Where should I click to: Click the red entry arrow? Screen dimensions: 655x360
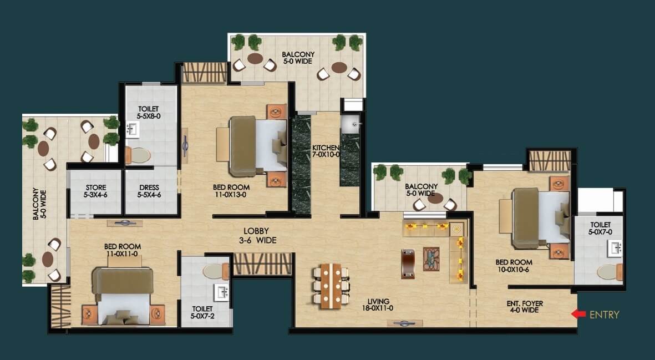pyautogui.click(x=578, y=314)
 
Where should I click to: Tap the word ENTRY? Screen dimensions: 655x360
pyautogui.click(x=604, y=315)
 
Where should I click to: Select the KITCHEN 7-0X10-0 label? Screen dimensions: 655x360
pyautogui.click(x=326, y=151)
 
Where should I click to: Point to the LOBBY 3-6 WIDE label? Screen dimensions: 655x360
pyautogui.click(x=256, y=236)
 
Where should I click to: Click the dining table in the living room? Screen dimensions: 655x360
pyautogui.click(x=330, y=286)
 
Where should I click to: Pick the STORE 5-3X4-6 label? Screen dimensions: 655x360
pyautogui.click(x=95, y=191)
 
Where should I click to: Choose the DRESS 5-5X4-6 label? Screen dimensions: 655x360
pyautogui.click(x=149, y=191)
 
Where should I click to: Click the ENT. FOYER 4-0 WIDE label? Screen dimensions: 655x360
pyautogui.click(x=525, y=307)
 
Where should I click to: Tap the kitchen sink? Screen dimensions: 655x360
pyautogui.click(x=350, y=124)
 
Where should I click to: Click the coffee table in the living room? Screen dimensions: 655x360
pyautogui.click(x=431, y=259)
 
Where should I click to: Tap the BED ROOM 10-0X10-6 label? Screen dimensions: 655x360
pyautogui.click(x=514, y=266)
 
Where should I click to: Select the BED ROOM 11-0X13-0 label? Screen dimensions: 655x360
pyautogui.click(x=231, y=191)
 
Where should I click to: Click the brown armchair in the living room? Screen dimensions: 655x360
pyautogui.click(x=408, y=264)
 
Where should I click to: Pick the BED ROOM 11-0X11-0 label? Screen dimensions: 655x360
pyautogui.click(x=123, y=250)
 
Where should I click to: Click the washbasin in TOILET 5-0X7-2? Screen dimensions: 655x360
pyautogui.click(x=221, y=292)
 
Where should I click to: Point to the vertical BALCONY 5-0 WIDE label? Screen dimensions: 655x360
pyautogui.click(x=39, y=204)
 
